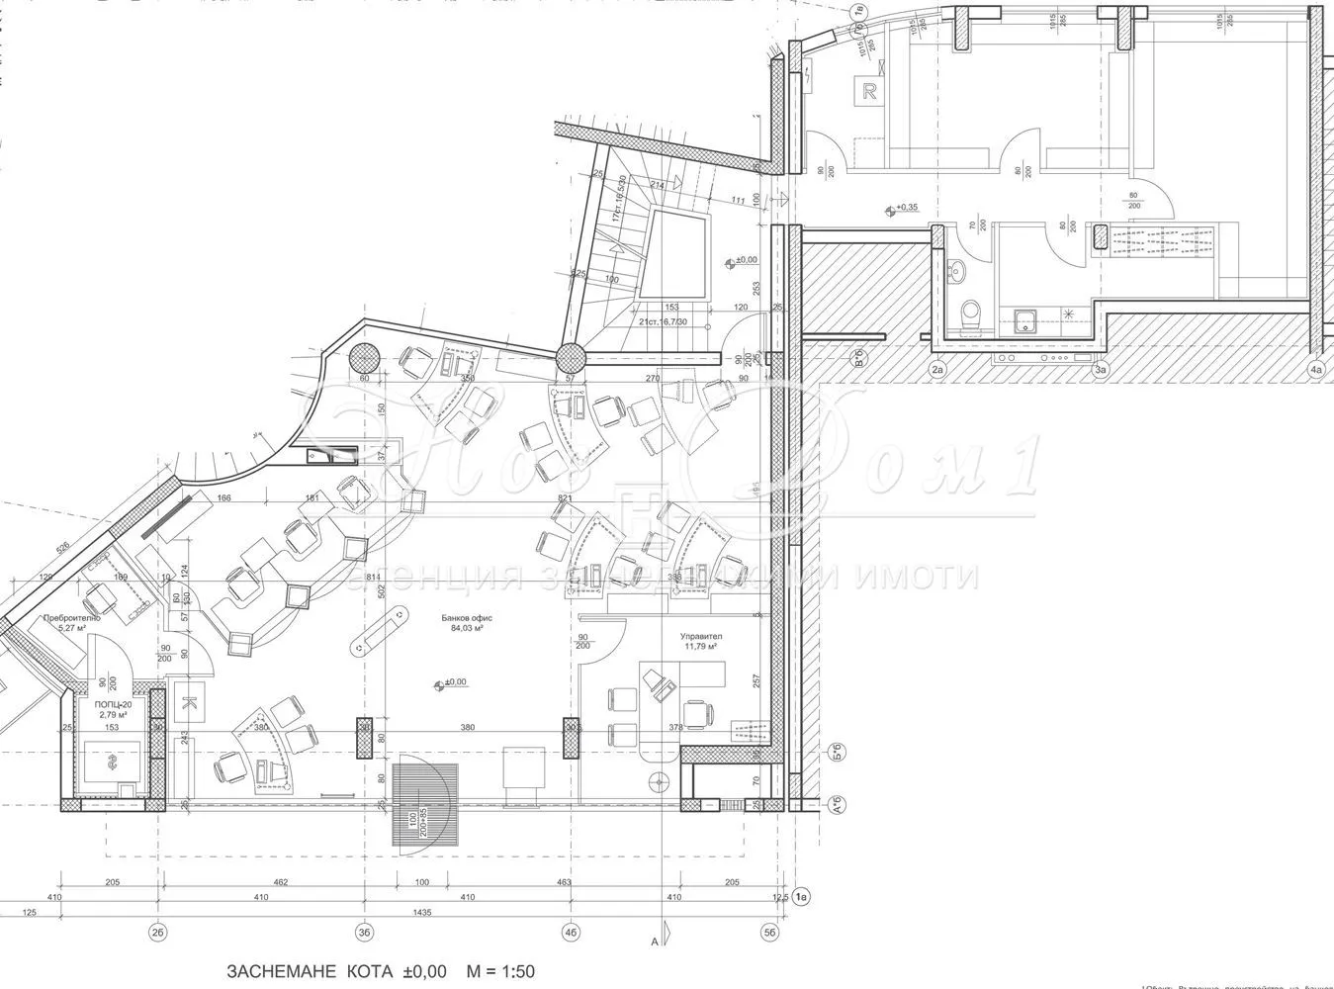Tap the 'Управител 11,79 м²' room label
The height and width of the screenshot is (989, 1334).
click(x=700, y=641)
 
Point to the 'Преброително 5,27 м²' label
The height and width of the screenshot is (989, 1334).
click(x=71, y=621)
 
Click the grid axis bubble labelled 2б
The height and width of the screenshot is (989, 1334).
click(x=157, y=931)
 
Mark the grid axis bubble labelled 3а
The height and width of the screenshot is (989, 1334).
click(x=1100, y=370)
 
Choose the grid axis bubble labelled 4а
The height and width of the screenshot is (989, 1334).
click(x=1315, y=370)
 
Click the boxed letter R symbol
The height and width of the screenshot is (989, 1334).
click(x=870, y=93)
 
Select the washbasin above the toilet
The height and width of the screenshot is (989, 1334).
click(x=956, y=269)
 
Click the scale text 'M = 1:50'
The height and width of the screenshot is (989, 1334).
click(x=499, y=971)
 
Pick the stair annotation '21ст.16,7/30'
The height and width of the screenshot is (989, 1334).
click(x=662, y=321)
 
